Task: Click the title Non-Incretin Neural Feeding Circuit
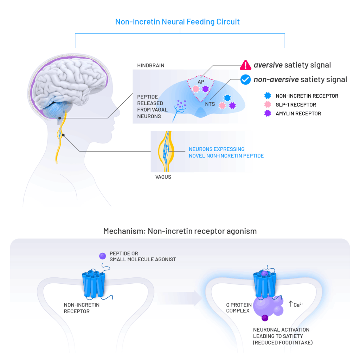(x=178, y=22)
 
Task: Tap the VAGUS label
(x=163, y=177)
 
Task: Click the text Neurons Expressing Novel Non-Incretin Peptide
(x=226, y=152)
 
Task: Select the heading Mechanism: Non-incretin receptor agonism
(x=180, y=231)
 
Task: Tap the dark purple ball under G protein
(x=264, y=318)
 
